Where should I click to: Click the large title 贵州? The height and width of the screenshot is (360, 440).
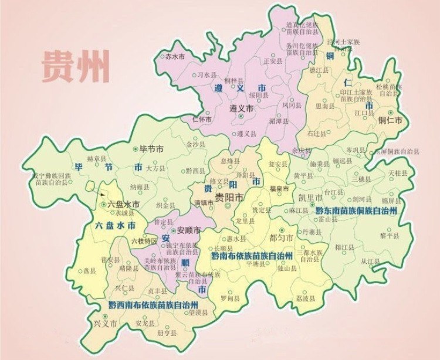[x=76, y=67]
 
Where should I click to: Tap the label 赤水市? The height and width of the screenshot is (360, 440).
[x=174, y=56]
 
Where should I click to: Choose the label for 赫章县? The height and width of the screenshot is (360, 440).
[x=96, y=159]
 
